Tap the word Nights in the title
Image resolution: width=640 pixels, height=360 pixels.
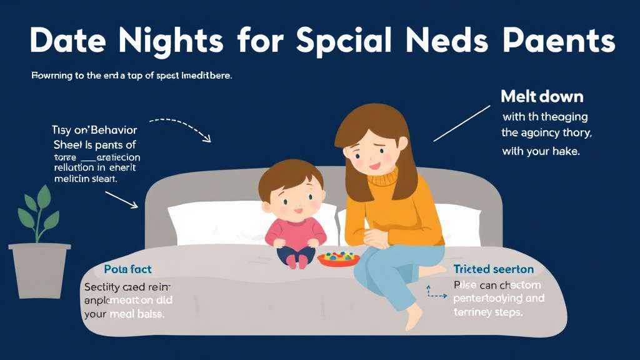[177, 42]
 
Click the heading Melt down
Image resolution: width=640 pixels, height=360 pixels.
[542, 97]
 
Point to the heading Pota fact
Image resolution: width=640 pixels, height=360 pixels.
[119, 269]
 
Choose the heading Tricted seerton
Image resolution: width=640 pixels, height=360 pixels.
[494, 269]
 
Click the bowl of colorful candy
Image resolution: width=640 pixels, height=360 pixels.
[338, 257]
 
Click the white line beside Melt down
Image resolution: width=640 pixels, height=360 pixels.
[462, 123]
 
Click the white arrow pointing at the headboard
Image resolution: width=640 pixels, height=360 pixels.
[121, 199]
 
